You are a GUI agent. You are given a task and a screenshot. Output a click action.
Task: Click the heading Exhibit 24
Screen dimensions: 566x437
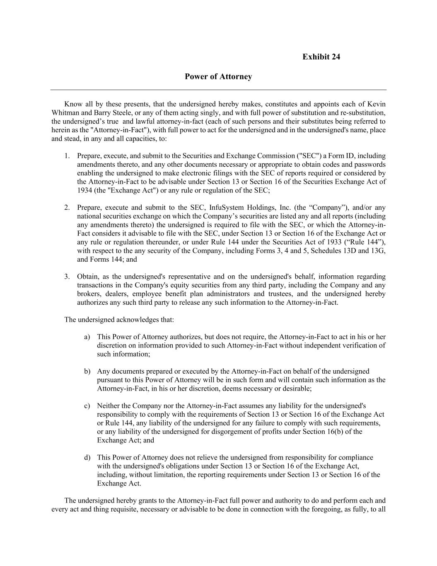pyautogui.click(x=321, y=57)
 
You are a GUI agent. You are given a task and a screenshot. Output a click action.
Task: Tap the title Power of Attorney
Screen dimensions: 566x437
pyautogui.click(x=218, y=77)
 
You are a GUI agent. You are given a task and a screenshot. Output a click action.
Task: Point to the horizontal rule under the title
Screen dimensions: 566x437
pyautogui.click(x=218, y=90)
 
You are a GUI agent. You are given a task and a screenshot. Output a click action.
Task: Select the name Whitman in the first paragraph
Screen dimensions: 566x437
pyautogui.click(x=64, y=113)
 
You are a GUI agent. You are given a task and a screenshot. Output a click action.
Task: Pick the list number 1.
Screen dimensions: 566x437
pyautogui.click(x=67, y=156)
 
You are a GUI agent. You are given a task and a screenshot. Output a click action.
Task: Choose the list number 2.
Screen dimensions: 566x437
pyautogui.click(x=67, y=208)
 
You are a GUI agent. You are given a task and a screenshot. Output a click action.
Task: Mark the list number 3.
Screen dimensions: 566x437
pyautogui.click(x=67, y=277)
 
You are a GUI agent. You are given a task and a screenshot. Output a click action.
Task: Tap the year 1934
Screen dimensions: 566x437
pyautogui.click(x=85, y=190)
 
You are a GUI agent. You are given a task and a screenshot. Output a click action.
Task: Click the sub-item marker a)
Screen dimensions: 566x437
pyautogui.click(x=87, y=337)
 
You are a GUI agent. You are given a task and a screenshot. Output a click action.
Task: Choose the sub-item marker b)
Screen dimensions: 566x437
pyautogui.click(x=87, y=372)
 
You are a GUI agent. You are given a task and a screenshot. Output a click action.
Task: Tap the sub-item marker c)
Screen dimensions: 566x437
pyautogui.click(x=87, y=406)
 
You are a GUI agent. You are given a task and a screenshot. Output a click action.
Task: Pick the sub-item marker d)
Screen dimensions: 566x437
pyautogui.click(x=87, y=458)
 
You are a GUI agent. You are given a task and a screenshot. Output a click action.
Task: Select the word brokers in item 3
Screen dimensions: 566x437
pyautogui.click(x=88, y=294)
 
